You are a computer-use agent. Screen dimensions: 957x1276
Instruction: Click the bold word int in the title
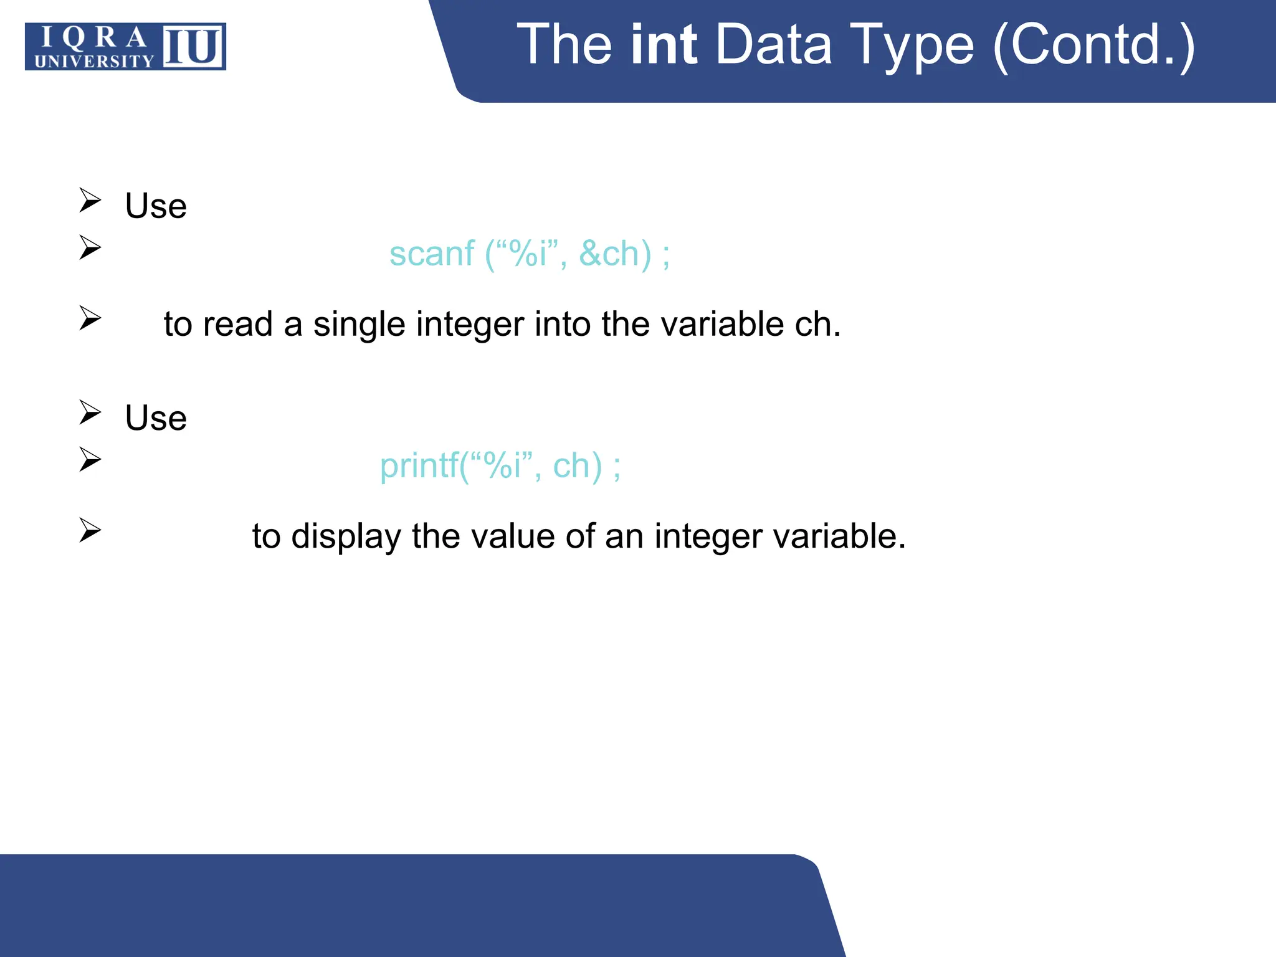pyautogui.click(x=663, y=45)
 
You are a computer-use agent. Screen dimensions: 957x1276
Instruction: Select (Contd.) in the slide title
pyautogui.click(x=1093, y=45)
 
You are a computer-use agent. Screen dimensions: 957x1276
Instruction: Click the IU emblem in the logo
pyautogui.click(x=193, y=47)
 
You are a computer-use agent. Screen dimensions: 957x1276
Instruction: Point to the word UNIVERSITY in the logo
pyautogui.click(x=94, y=61)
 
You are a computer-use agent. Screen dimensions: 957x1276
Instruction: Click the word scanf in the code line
pyautogui.click(x=432, y=254)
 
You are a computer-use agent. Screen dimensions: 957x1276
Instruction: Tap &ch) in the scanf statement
pyautogui.click(x=615, y=254)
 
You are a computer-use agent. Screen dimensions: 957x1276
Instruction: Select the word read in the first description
pyautogui.click(x=237, y=325)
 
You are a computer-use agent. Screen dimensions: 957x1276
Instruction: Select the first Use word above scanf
pyautogui.click(x=156, y=206)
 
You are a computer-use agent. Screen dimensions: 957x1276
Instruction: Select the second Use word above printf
pyautogui.click(x=156, y=418)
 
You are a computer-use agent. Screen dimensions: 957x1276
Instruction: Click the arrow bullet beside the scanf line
pyautogui.click(x=90, y=248)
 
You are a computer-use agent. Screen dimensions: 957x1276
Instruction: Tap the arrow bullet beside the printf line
pyautogui.click(x=90, y=460)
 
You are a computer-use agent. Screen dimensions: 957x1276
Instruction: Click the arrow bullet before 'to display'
pyautogui.click(x=90, y=530)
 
